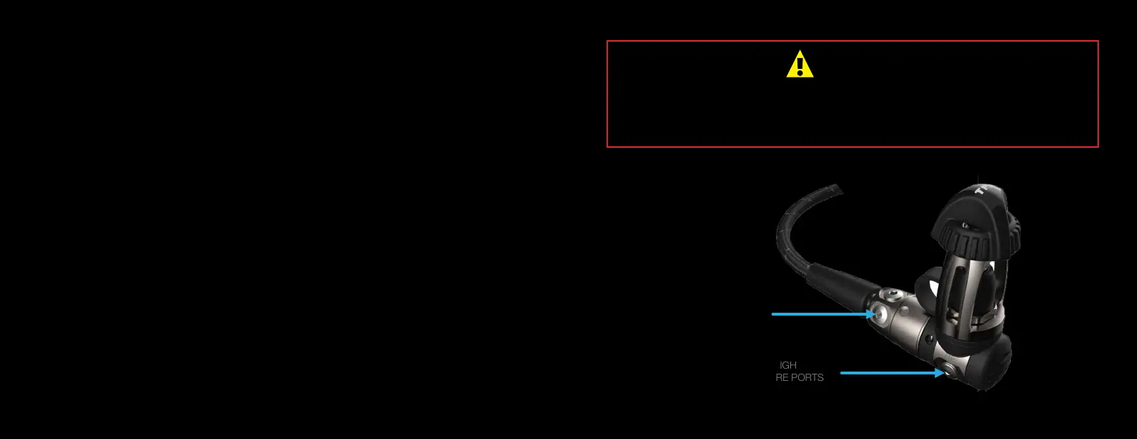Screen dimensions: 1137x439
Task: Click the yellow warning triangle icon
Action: pos(800,65)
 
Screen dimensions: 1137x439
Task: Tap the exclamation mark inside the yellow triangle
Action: pos(800,66)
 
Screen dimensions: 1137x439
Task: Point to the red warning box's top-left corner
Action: pos(607,42)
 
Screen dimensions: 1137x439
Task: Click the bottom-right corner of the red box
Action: pos(1098,146)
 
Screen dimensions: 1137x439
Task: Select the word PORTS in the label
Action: pos(808,377)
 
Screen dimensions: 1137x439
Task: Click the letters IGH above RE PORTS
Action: pos(788,365)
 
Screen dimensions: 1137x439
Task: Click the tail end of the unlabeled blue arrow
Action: pos(773,314)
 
